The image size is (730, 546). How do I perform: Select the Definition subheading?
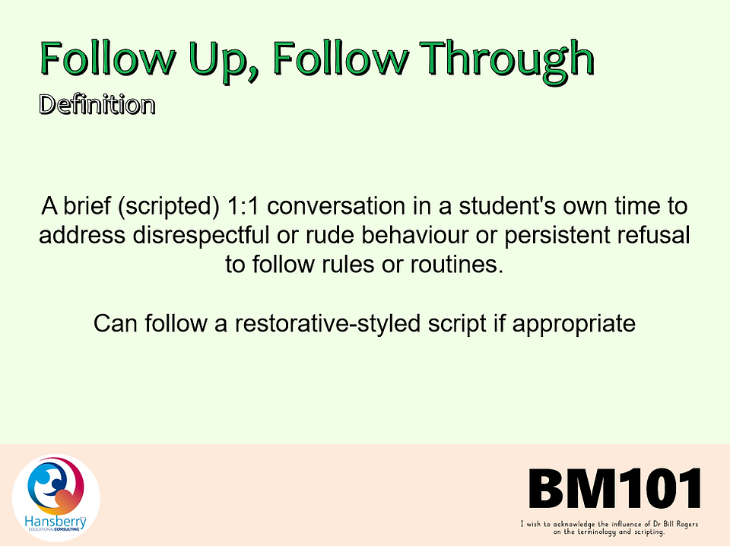[x=97, y=104]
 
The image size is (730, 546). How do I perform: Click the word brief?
[x=87, y=206]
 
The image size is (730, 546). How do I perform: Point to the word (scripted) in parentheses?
[x=169, y=207]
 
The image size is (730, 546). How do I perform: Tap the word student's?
[x=507, y=206]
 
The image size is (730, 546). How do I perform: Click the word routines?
[x=457, y=265]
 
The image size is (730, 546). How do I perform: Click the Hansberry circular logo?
[x=56, y=498]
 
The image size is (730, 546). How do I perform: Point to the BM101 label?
[x=614, y=488]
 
